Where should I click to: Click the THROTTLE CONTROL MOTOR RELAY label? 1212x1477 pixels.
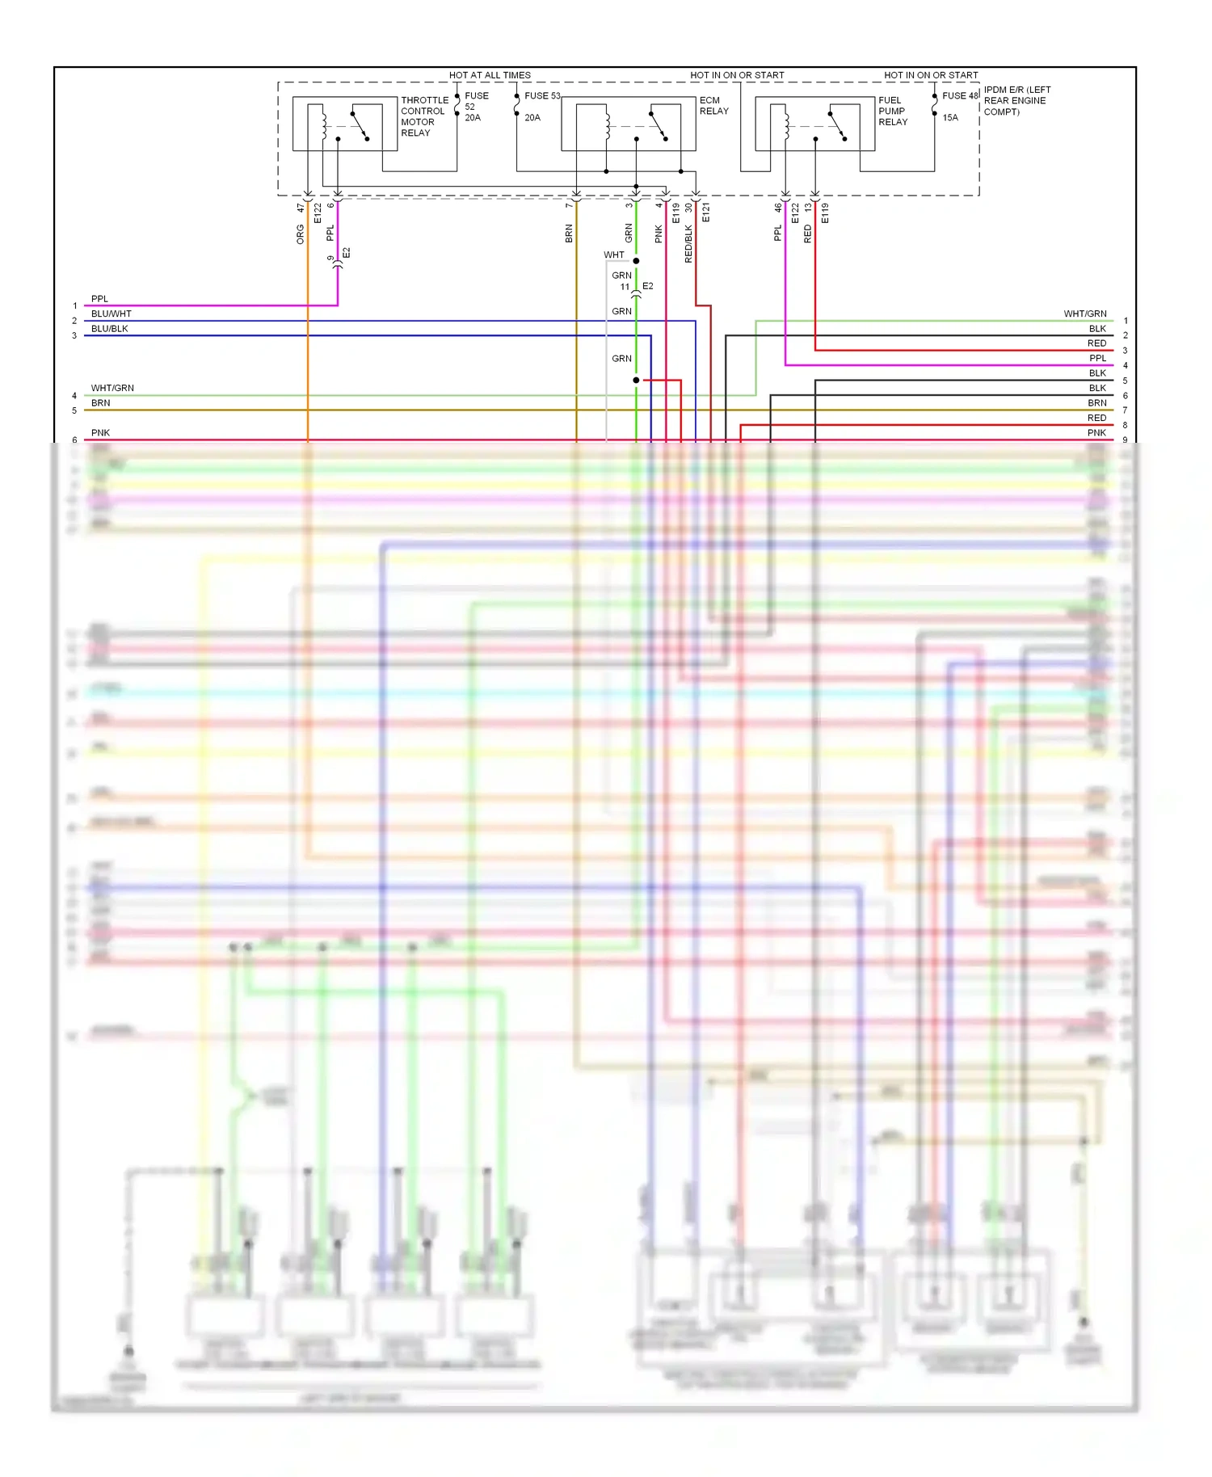[x=423, y=116]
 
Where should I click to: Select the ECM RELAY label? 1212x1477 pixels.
[x=713, y=106]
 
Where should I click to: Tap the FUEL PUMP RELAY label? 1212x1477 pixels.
[x=893, y=111]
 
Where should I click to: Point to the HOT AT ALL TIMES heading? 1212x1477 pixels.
[x=490, y=75]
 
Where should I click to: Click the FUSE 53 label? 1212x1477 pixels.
[x=542, y=95]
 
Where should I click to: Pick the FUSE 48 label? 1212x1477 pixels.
[x=960, y=95]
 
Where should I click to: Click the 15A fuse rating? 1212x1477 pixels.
[x=950, y=117]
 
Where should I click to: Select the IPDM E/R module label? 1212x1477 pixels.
[x=1016, y=100]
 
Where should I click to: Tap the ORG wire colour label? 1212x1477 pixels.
[x=300, y=234]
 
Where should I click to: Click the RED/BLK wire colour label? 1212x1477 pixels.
[x=688, y=243]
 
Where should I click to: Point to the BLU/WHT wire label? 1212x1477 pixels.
[x=111, y=313]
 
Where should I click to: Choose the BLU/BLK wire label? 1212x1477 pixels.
[x=109, y=329]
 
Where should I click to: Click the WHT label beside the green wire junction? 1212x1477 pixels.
[x=614, y=255]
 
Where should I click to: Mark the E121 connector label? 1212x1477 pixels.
[x=705, y=213]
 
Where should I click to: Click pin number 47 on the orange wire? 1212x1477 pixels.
[x=300, y=208]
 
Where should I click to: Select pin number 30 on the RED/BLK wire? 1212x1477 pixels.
[x=688, y=208]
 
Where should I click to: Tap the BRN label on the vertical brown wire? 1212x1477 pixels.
[x=569, y=234]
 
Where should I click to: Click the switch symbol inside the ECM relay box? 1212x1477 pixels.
[x=658, y=125]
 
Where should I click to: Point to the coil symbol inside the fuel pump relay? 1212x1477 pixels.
[x=785, y=124]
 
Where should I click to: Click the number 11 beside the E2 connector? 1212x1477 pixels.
[x=625, y=287]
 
